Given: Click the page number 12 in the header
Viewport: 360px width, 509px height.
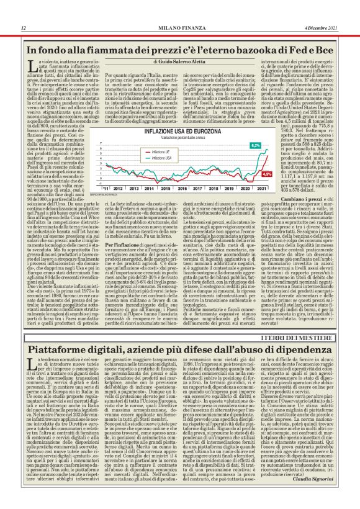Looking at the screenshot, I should (x=22, y=28).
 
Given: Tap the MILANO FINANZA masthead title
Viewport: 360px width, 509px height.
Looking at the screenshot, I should (x=180, y=28).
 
